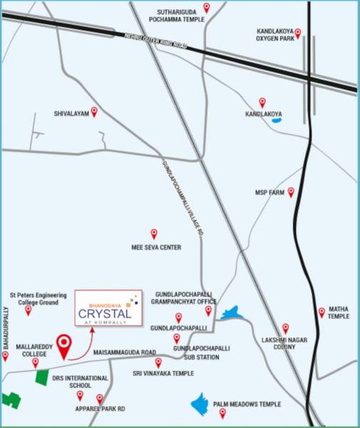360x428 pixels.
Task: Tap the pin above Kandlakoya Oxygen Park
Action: pyautogui.click(x=298, y=32)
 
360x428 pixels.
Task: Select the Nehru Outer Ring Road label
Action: pyautogui.click(x=155, y=42)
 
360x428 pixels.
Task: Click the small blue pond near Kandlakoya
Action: pyautogui.click(x=277, y=120)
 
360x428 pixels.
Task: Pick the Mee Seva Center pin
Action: pyautogui.click(x=154, y=233)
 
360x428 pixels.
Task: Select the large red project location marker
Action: pyautogui.click(x=65, y=345)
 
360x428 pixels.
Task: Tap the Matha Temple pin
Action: pyautogui.click(x=322, y=302)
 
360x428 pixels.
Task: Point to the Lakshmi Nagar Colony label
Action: pyautogui.click(x=284, y=345)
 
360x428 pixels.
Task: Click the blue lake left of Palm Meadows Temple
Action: pyautogui.click(x=201, y=404)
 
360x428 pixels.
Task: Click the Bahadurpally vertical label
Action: pyautogui.click(x=6, y=329)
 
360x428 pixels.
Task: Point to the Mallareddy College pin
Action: pyautogui.click(x=35, y=363)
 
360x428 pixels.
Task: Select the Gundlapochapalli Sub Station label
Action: pyautogui.click(x=201, y=352)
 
